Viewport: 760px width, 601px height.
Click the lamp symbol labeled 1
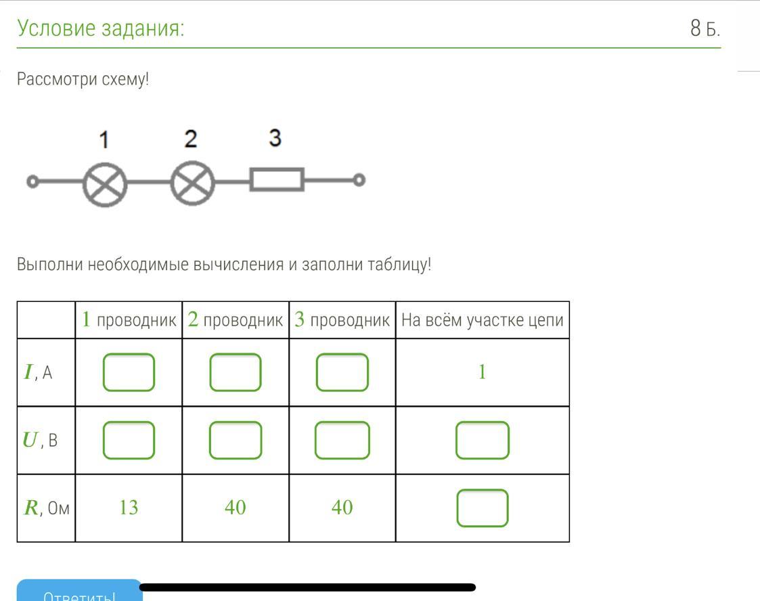pyautogui.click(x=105, y=183)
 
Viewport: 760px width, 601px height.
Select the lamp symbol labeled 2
pyautogui.click(x=192, y=183)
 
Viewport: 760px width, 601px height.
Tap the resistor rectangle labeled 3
pyautogui.click(x=277, y=180)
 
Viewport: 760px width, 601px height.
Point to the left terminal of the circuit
pyautogui.click(x=32, y=181)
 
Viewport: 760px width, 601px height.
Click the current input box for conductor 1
pyautogui.click(x=129, y=372)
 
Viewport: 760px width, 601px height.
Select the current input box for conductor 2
pyautogui.click(x=236, y=372)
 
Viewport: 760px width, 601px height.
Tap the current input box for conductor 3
pyautogui.click(x=342, y=372)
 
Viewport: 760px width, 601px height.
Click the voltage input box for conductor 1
pyautogui.click(x=129, y=440)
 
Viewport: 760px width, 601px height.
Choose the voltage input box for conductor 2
pyautogui.click(x=236, y=440)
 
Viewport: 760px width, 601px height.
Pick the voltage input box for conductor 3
pyautogui.click(x=342, y=440)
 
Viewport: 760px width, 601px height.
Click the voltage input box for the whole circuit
pyautogui.click(x=483, y=440)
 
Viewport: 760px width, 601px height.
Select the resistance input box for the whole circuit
pyautogui.click(x=483, y=508)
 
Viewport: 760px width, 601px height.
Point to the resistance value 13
pyautogui.click(x=129, y=508)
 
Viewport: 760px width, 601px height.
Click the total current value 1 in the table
pyautogui.click(x=482, y=372)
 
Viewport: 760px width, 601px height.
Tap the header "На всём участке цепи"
pyautogui.click(x=482, y=320)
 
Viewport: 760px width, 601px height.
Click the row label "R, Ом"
pyautogui.click(x=46, y=508)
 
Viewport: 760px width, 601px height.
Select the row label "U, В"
pyautogui.click(x=41, y=441)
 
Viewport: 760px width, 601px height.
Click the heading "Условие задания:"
pyautogui.click(x=101, y=29)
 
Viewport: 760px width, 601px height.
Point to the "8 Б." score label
pyautogui.click(x=705, y=29)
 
